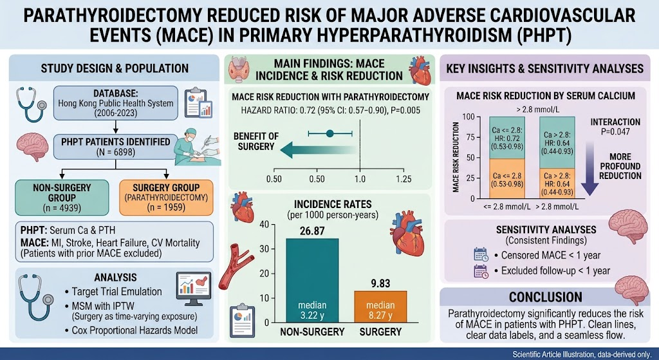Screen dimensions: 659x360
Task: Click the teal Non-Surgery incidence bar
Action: point(312,281)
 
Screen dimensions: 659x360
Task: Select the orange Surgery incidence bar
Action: point(380,307)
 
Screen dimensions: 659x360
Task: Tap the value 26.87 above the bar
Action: point(312,231)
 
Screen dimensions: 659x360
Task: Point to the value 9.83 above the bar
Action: point(380,283)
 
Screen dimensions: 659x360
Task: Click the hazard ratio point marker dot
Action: point(330,133)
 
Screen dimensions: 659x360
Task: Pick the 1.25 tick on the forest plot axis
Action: point(404,179)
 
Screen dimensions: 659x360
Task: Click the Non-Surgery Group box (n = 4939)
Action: point(62,198)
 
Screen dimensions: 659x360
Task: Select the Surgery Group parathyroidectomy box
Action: point(166,198)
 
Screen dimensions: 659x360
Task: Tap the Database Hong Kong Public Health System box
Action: point(116,103)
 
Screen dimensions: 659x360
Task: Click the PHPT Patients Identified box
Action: point(116,147)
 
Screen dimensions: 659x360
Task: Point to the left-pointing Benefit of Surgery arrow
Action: point(317,149)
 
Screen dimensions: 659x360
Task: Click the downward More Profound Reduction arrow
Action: point(589,168)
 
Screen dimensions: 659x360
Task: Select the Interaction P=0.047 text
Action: point(615,127)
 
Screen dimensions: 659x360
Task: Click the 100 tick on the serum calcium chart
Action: point(469,117)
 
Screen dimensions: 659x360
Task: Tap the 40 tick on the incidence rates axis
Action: point(264,224)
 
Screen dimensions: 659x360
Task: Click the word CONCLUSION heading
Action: point(546,297)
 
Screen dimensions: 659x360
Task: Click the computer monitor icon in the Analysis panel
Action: point(194,288)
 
